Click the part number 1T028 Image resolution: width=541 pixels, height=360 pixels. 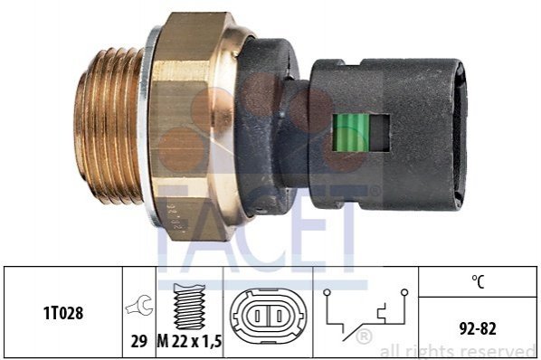point(63,313)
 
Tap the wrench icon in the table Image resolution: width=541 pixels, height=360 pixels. point(139,305)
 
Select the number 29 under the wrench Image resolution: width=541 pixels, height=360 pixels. point(138,341)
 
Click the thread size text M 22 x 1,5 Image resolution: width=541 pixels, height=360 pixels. point(189,341)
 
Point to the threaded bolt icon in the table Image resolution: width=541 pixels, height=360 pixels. point(189,307)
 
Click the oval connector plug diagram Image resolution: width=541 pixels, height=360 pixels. point(268,316)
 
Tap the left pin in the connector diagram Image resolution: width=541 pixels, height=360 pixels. point(257,316)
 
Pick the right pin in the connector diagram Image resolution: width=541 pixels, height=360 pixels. point(280,316)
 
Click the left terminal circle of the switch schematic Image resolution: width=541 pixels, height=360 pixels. point(327,293)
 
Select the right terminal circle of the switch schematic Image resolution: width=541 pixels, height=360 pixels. point(404,293)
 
